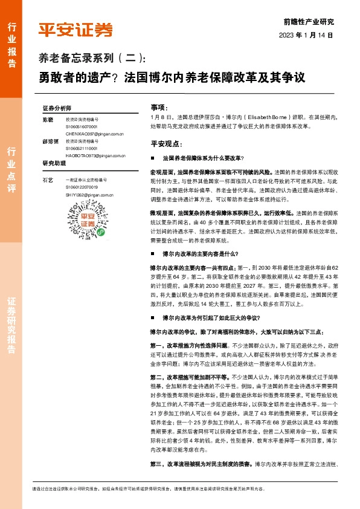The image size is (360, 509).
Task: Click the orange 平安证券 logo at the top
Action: (x=76, y=30)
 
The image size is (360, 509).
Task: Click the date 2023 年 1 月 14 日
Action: (x=306, y=35)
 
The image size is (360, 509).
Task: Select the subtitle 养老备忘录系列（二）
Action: (x=92, y=59)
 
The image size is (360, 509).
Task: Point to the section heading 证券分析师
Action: (x=57, y=108)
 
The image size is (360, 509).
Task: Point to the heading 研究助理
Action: (x=54, y=163)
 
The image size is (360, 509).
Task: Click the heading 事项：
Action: (x=159, y=106)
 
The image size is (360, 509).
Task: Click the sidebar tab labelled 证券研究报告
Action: (x=11, y=326)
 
